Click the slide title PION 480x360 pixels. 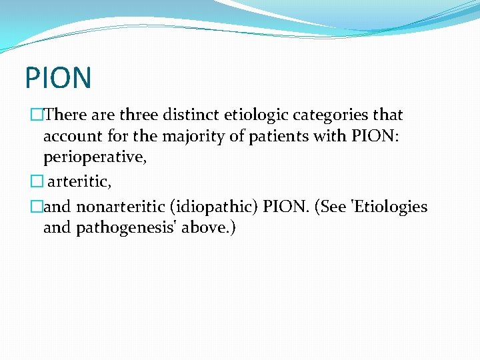58,77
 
